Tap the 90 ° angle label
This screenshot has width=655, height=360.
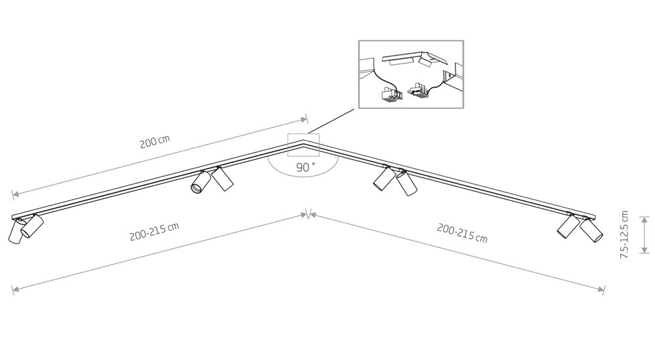tap(305, 167)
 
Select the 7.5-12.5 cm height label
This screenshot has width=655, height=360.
tap(624, 235)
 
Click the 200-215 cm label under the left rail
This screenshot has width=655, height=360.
tap(155, 232)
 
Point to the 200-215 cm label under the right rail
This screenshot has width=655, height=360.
tap(462, 233)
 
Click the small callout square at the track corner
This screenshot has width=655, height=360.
tap(303, 145)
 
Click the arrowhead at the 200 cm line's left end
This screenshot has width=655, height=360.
tap(15, 194)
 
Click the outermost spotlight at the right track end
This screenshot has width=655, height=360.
tap(592, 230)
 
